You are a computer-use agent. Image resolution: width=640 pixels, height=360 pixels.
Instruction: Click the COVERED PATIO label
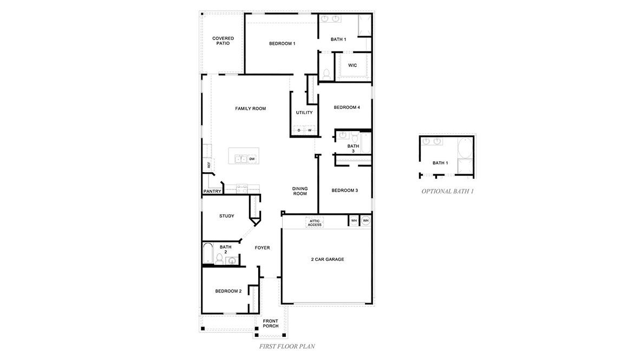(x=223, y=41)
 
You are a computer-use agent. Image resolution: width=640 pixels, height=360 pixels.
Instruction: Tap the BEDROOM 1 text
(x=282, y=43)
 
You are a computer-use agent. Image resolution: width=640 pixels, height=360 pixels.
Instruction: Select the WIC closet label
(x=352, y=65)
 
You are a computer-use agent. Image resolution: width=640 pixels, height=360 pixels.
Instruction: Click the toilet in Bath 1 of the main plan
(x=326, y=74)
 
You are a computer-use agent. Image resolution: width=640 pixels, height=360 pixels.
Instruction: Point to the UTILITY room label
(x=304, y=113)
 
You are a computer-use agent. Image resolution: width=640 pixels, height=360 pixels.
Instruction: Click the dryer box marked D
(x=298, y=130)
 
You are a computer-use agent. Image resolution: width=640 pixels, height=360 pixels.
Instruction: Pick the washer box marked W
(x=310, y=130)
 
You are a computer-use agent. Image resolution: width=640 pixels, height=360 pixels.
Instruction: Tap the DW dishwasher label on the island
(x=252, y=159)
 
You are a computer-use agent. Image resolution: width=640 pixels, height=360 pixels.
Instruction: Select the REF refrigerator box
(x=208, y=165)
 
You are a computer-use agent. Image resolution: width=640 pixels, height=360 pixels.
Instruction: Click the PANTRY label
(x=212, y=191)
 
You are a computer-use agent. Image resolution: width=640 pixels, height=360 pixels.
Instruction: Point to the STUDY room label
(x=227, y=216)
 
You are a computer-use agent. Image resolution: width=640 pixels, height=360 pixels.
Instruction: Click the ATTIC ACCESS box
(x=315, y=222)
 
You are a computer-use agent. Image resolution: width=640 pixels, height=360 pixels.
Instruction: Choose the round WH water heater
(x=365, y=221)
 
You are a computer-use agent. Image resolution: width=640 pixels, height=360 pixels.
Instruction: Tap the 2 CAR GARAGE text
(x=328, y=259)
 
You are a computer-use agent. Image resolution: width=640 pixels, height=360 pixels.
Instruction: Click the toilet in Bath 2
(x=220, y=258)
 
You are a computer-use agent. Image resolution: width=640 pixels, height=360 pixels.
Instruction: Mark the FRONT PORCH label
(x=271, y=323)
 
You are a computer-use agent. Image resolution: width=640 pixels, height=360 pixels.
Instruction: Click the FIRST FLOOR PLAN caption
(x=288, y=345)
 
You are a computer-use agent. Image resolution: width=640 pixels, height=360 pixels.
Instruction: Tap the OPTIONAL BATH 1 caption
(x=447, y=191)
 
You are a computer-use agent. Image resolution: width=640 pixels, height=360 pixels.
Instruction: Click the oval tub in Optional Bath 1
(x=465, y=148)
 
